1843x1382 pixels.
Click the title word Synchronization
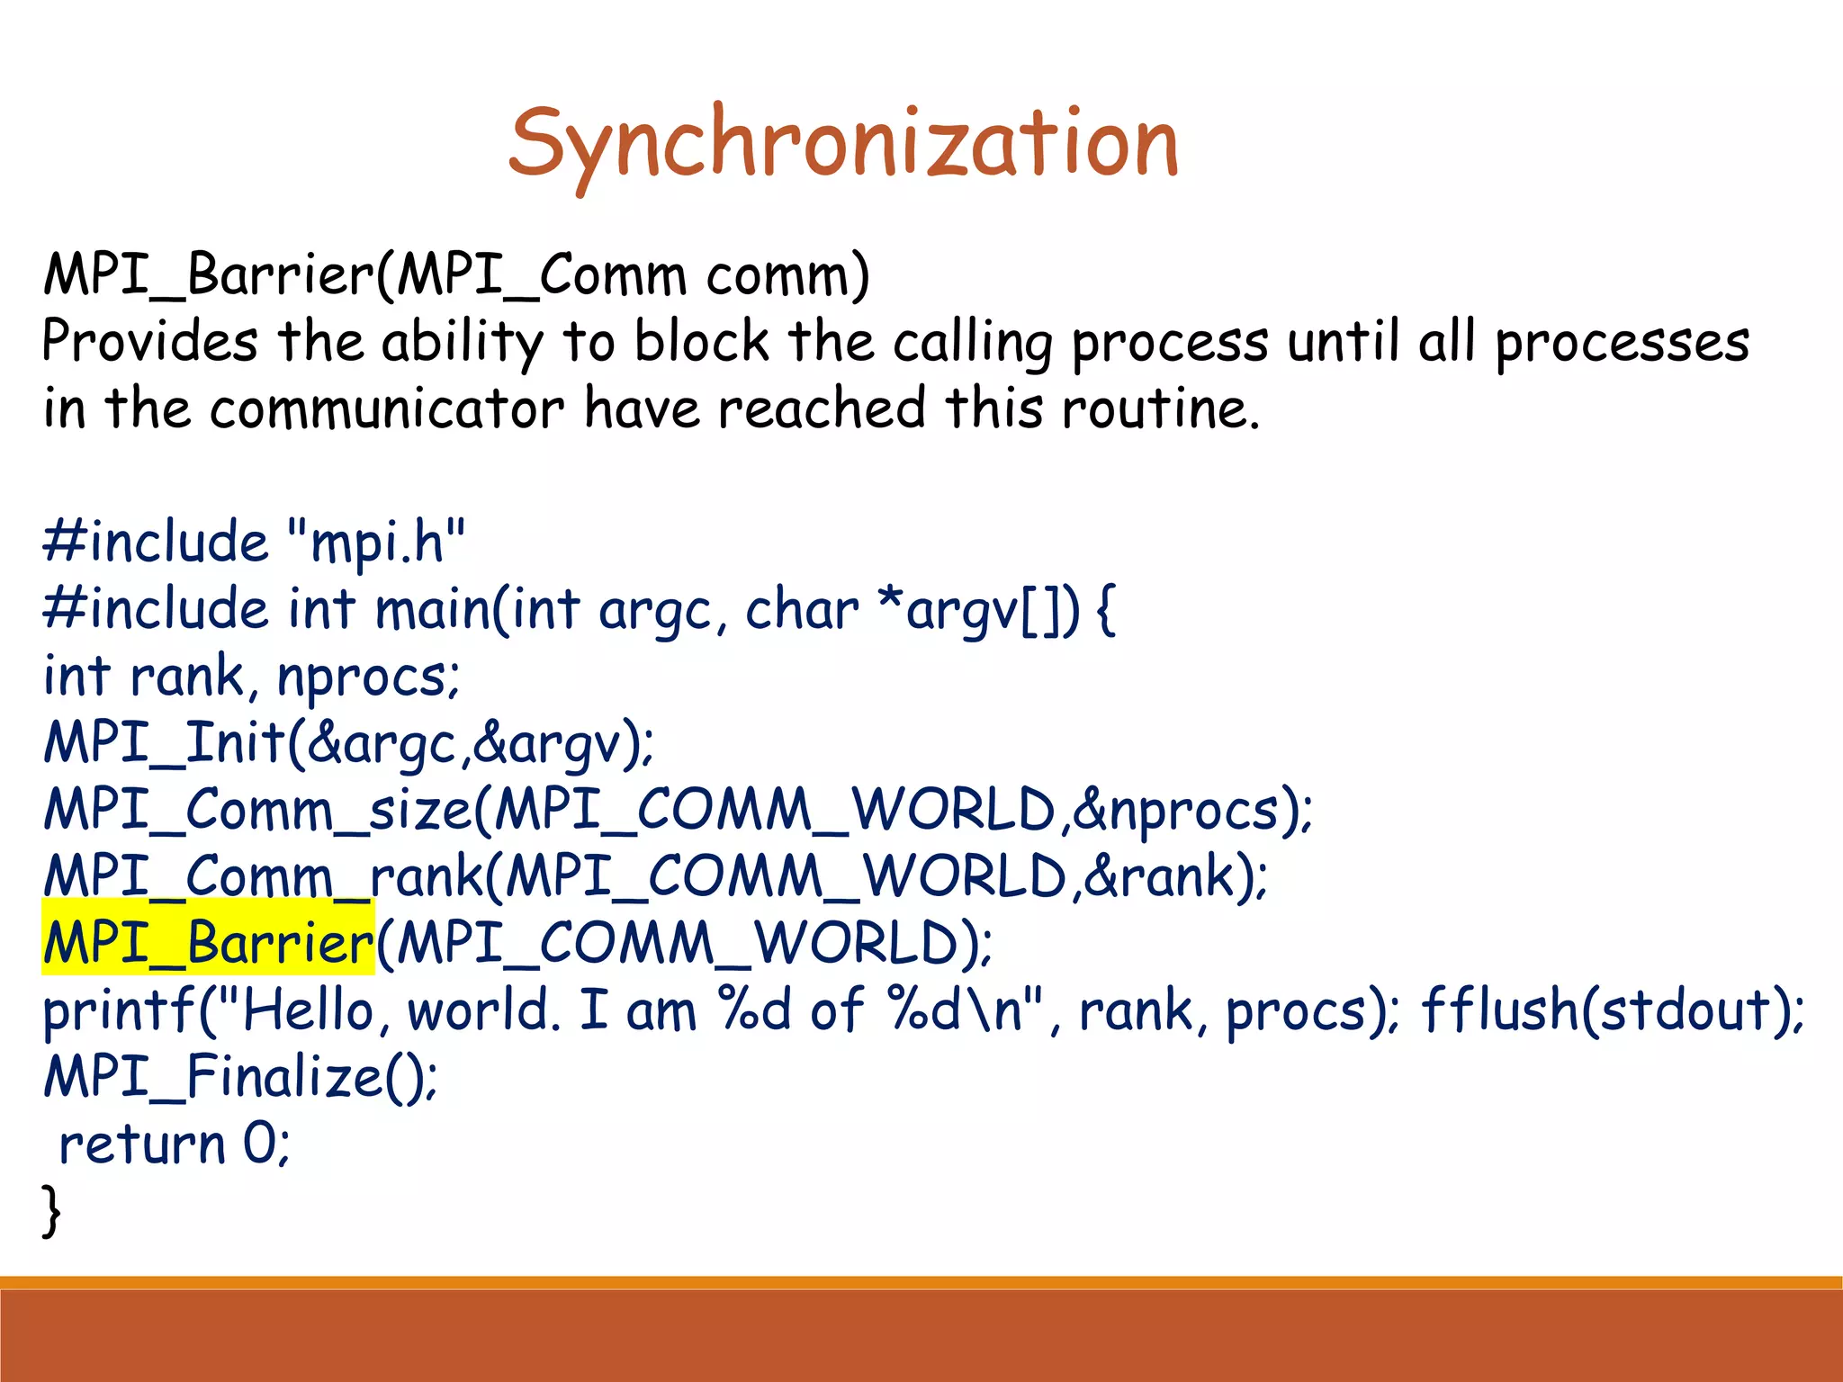843,144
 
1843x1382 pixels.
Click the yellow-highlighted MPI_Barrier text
208,943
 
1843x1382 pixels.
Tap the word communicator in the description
387,408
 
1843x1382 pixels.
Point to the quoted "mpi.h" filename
377,542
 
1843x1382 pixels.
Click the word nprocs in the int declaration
364,677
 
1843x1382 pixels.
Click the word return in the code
141,1144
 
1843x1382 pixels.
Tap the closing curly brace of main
51,1210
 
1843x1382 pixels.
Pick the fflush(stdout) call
1611,1010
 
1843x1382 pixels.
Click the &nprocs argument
1175,810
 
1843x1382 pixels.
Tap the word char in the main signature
802,610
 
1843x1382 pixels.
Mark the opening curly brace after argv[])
1107,610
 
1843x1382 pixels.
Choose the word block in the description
702,342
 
